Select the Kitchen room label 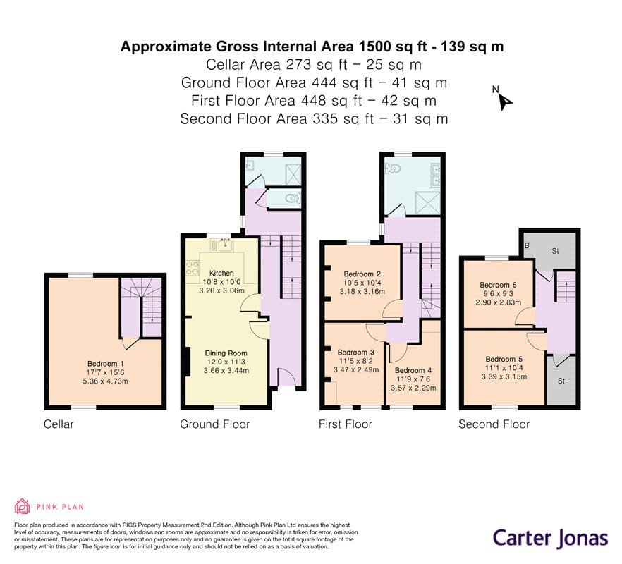pyautogui.click(x=221, y=274)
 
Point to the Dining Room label pyautogui.click(x=226, y=353)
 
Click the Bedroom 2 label pyautogui.click(x=362, y=274)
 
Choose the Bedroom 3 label pyautogui.click(x=356, y=352)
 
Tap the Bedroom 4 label pyautogui.click(x=413, y=370)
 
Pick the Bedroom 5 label pyautogui.click(x=504, y=360)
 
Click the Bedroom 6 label pyautogui.click(x=498, y=285)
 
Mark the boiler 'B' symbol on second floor pyautogui.click(x=527, y=245)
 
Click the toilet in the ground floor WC pyautogui.click(x=293, y=197)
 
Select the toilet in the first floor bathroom pyautogui.click(x=392, y=169)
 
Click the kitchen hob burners pyautogui.click(x=193, y=268)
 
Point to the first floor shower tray pyautogui.click(x=427, y=203)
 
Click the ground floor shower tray pyautogui.click(x=293, y=173)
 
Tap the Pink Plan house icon pyautogui.click(x=23, y=506)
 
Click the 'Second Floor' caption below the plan pyautogui.click(x=494, y=424)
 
